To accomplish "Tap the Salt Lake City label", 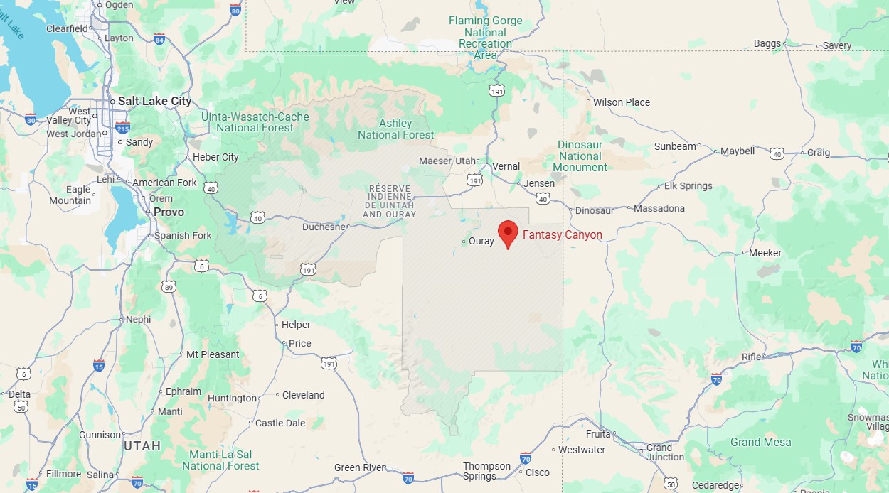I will pyautogui.click(x=154, y=101).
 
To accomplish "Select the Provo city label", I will pyautogui.click(x=169, y=212).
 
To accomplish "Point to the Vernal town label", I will pyautogui.click(x=506, y=166).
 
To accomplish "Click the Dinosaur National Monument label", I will pyautogui.click(x=580, y=156).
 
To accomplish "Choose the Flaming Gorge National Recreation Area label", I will pyautogui.click(x=486, y=38).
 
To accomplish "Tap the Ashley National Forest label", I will pyautogui.click(x=395, y=129).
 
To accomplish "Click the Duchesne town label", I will pyautogui.click(x=324, y=227).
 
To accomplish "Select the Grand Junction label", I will pyautogui.click(x=665, y=452).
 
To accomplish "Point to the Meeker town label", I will pyautogui.click(x=765, y=253).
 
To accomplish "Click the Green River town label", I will pyautogui.click(x=360, y=467).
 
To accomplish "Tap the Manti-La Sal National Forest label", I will pyautogui.click(x=220, y=460).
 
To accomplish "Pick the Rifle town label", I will pyautogui.click(x=751, y=357).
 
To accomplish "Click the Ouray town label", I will pyautogui.click(x=481, y=241).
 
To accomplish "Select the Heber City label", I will pyautogui.click(x=215, y=157).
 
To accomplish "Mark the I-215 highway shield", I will pyautogui.click(x=122, y=128).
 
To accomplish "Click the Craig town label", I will pyautogui.click(x=819, y=152).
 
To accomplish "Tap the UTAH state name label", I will pyautogui.click(x=142, y=445).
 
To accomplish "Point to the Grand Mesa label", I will pyautogui.click(x=760, y=442).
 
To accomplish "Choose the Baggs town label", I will pyautogui.click(x=767, y=43).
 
